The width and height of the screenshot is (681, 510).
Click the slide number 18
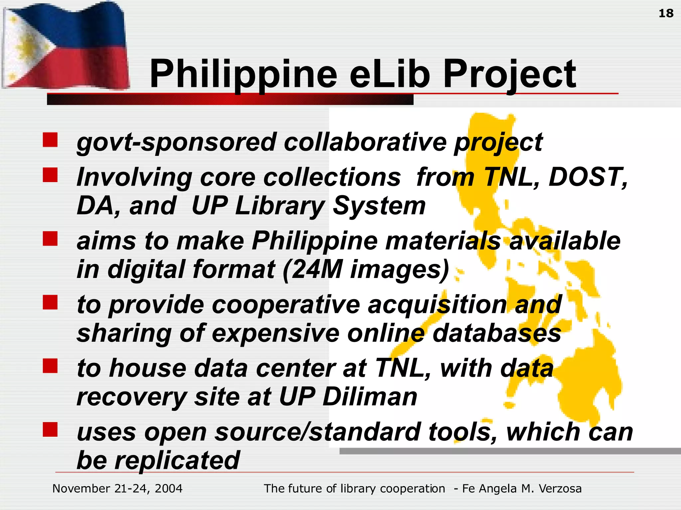coord(666,13)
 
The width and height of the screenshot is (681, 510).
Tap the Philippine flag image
coord(65,46)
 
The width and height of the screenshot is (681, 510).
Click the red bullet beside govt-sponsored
coord(50,140)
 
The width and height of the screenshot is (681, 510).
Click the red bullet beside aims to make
coord(50,239)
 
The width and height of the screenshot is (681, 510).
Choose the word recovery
coord(132,397)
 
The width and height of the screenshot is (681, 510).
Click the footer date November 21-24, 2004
coord(117,489)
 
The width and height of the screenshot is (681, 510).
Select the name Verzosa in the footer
coord(560,489)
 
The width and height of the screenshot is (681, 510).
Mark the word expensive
coord(276,334)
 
